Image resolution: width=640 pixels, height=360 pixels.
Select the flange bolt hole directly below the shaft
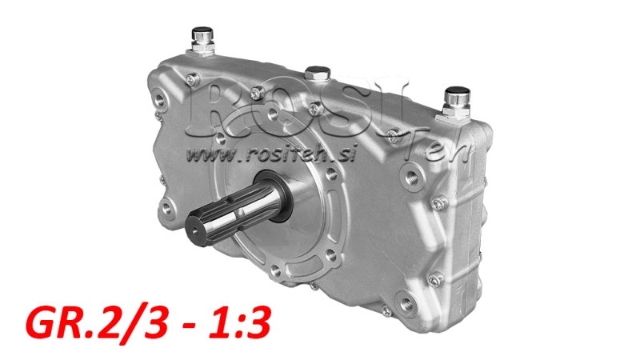[x=278, y=276]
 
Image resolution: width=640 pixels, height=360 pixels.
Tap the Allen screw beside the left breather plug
[x=193, y=80]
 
